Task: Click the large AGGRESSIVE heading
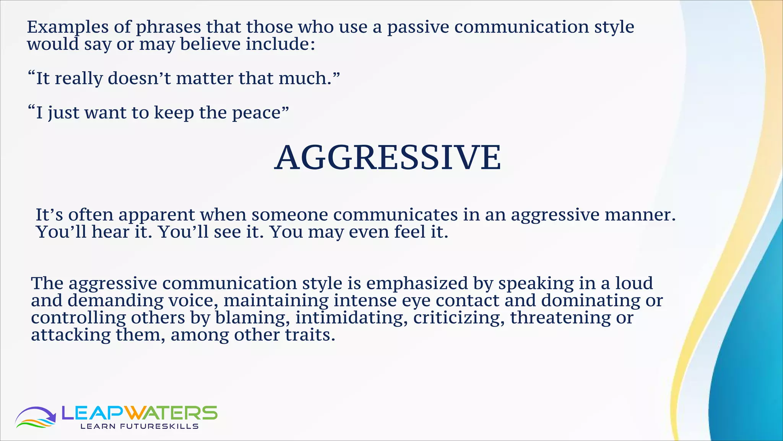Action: [x=388, y=158]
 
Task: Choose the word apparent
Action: [x=157, y=215]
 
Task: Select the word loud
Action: [x=634, y=284]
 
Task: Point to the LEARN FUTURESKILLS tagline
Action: [x=139, y=426]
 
